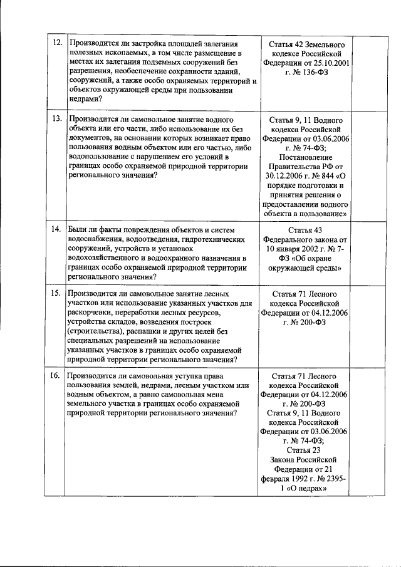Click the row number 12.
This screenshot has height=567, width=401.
click(x=56, y=43)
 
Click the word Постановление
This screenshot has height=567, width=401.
click(x=306, y=157)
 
